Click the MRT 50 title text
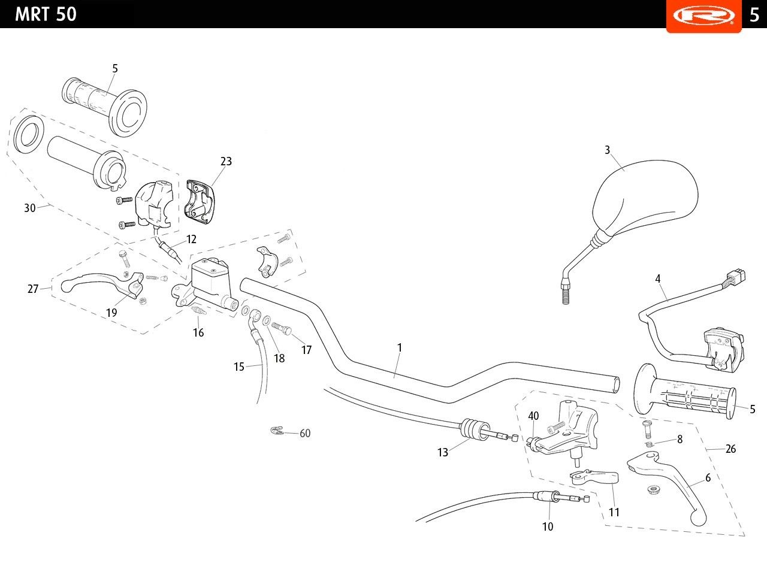coord(46,14)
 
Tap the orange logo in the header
coord(703,15)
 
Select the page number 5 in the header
coord(754,14)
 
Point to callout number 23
coord(226,161)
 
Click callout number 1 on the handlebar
coord(400,347)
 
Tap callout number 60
coord(305,433)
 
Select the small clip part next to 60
coord(276,431)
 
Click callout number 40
coord(533,416)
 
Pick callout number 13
coord(443,453)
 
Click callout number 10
coord(548,527)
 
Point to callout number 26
coord(730,449)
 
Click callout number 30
coord(30,208)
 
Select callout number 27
coord(33,289)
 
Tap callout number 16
coord(198,332)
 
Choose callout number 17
coord(306,350)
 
